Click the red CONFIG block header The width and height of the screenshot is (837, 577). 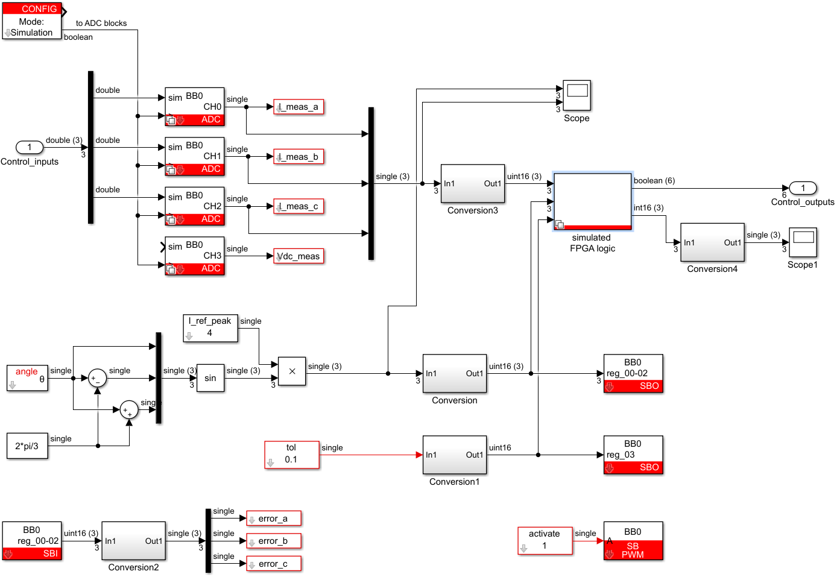(x=32, y=8)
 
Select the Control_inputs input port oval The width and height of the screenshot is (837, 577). (x=30, y=147)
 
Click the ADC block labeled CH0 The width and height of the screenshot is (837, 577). (x=195, y=107)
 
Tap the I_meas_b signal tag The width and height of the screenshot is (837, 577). (x=299, y=157)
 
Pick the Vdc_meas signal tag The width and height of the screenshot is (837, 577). (x=299, y=256)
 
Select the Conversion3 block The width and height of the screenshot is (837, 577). (x=473, y=183)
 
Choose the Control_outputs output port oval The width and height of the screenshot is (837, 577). (x=803, y=188)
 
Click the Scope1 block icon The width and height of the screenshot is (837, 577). (x=803, y=242)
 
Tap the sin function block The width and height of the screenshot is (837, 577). (x=210, y=378)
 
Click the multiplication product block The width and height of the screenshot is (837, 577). (x=292, y=371)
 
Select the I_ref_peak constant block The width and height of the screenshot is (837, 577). (x=210, y=328)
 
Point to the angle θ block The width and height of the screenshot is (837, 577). (x=27, y=378)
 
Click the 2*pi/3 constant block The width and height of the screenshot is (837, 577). (x=27, y=446)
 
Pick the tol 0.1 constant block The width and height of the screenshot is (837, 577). (x=291, y=455)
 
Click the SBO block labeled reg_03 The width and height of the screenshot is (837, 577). (x=633, y=455)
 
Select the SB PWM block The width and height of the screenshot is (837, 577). (x=633, y=541)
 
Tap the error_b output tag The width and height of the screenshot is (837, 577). (x=274, y=541)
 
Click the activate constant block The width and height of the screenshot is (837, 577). (x=545, y=541)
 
